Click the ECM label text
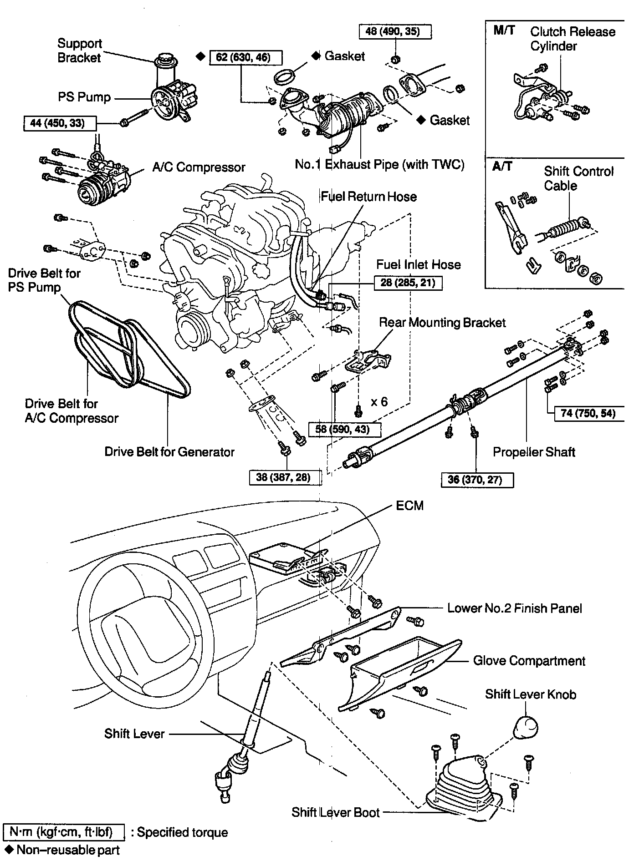pos(409,506)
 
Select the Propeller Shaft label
pos(534,452)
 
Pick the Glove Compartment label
pos(529,660)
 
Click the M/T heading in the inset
pos(504,30)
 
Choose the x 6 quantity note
pos(379,401)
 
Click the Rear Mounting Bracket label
pos(442,323)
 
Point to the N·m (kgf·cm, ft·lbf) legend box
pos(64,832)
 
